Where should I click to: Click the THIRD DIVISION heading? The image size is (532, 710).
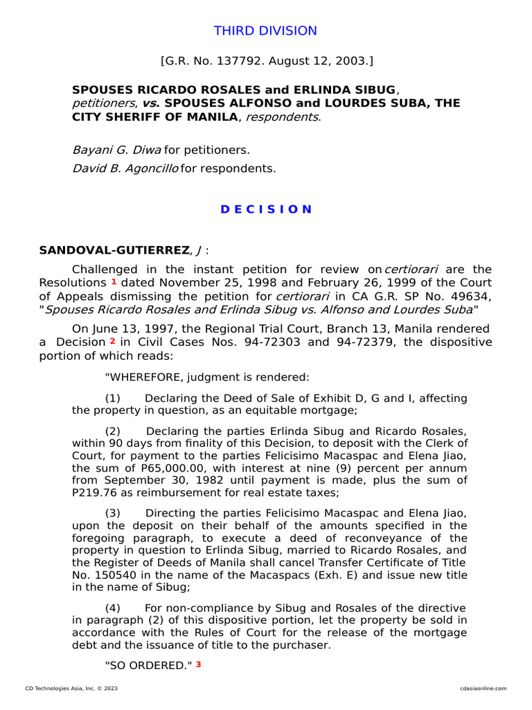[x=265, y=31]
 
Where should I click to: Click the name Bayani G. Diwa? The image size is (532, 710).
[x=116, y=150]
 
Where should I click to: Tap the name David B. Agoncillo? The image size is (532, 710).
[x=125, y=168]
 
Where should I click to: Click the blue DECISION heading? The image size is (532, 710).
[x=266, y=209]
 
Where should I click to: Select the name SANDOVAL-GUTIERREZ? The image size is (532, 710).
[x=113, y=250]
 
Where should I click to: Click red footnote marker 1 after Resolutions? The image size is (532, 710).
[x=114, y=282]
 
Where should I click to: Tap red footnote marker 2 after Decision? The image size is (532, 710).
[x=112, y=342]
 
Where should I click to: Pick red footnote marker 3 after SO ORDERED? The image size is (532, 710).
[x=198, y=664]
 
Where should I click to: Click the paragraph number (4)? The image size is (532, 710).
[x=113, y=607]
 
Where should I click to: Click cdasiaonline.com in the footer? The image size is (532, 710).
[x=483, y=689]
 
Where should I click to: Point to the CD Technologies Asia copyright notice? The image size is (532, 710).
[x=71, y=689]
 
